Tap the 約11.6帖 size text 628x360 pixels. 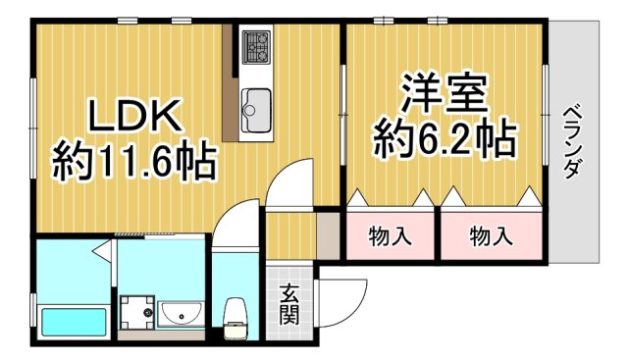[133, 160]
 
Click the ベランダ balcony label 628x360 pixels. [571, 140]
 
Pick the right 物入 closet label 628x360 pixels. [490, 235]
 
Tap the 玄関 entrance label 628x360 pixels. [289, 302]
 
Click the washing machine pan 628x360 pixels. [136, 313]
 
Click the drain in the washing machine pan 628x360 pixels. [147, 313]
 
